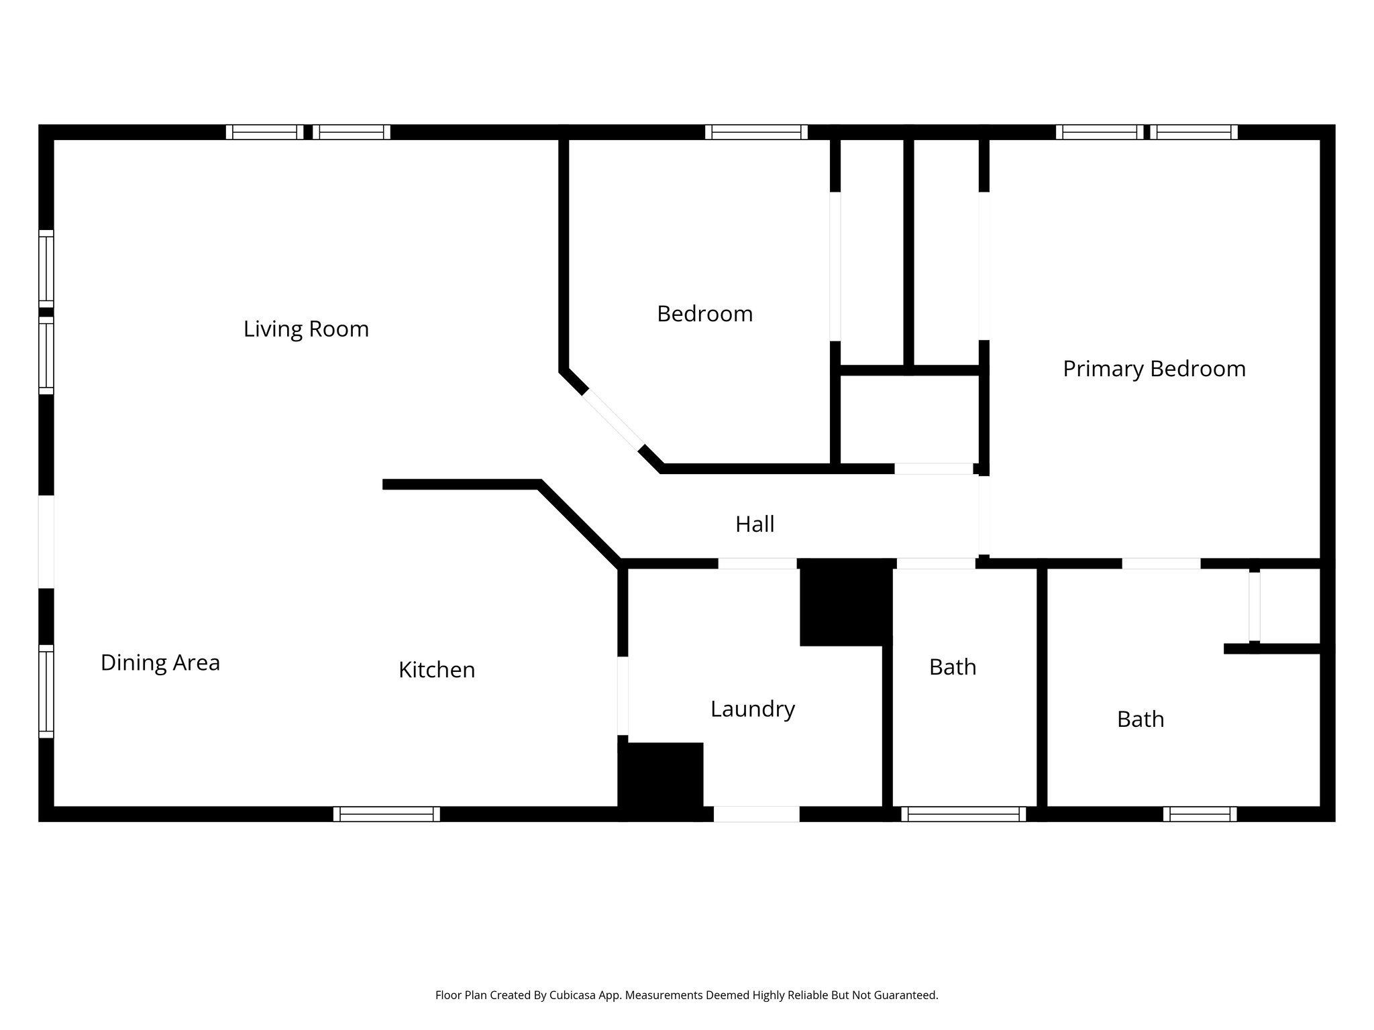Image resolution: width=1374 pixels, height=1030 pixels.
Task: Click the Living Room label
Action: pos(306,329)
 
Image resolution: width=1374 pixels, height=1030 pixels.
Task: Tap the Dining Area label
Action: pos(160,663)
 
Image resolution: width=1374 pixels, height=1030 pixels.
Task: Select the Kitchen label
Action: pos(437,670)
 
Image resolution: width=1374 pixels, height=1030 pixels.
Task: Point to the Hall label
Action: pos(755,524)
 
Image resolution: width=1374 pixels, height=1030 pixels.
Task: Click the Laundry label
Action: pos(753,709)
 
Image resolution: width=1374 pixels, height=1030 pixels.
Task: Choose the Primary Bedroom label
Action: pos(1154,369)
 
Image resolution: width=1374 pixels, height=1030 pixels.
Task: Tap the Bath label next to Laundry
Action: pos(952,667)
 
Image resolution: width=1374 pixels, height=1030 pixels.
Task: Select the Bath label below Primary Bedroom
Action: pos(1140,720)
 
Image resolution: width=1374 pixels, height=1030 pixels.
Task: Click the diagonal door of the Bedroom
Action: pos(613,420)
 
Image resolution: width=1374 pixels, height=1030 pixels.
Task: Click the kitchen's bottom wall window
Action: pos(386,814)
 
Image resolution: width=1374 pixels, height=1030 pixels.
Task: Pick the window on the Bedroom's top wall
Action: pos(756,132)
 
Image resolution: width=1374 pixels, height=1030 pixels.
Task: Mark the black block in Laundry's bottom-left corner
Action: pos(661,779)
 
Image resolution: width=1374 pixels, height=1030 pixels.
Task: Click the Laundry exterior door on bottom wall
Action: pos(756,814)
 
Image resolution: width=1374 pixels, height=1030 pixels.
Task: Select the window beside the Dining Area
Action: pos(46,691)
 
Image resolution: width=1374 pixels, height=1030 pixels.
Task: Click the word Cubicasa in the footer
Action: pos(574,995)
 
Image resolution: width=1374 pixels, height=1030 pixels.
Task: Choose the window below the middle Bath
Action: pos(963,814)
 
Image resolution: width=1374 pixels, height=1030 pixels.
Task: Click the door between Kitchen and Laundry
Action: pos(623,696)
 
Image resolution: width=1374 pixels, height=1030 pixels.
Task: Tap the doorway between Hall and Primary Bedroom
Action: pos(984,515)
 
